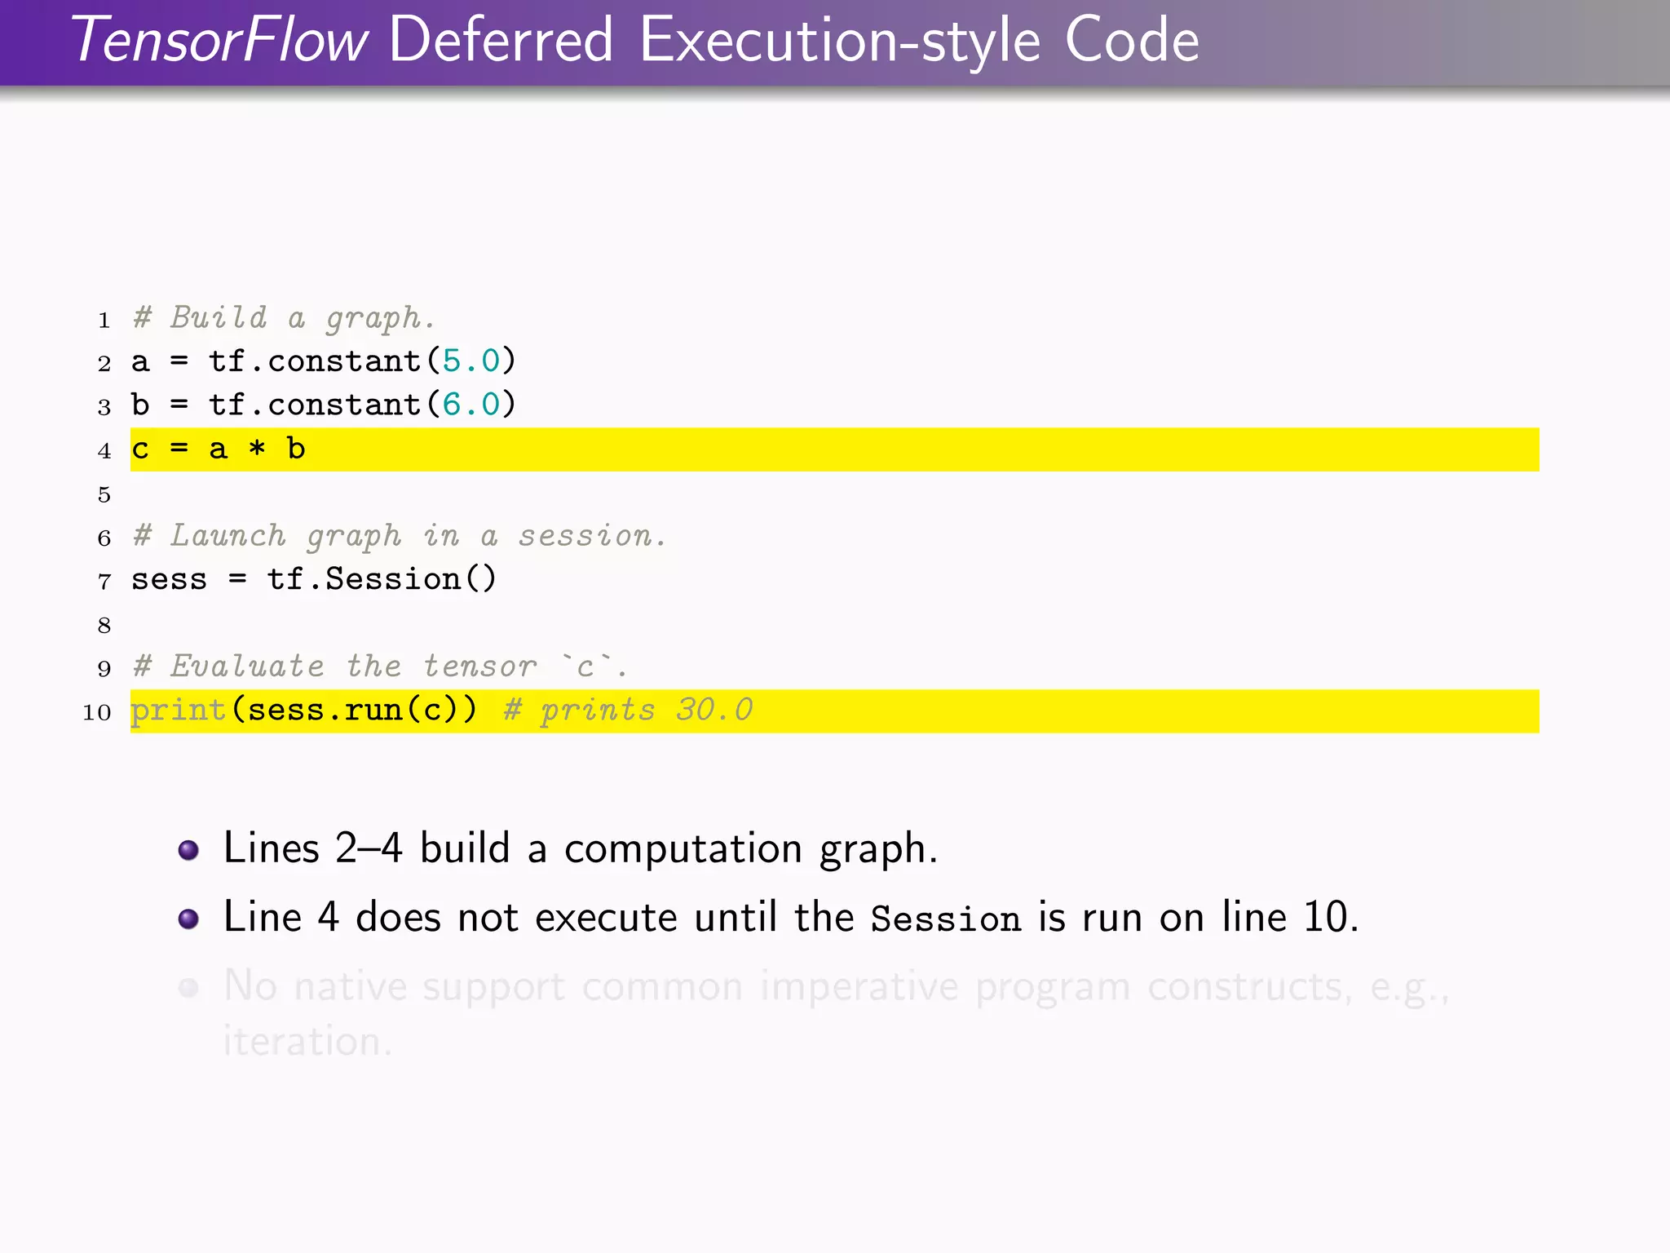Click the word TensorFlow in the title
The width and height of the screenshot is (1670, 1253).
click(220, 41)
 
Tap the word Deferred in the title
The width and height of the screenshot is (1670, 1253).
click(501, 41)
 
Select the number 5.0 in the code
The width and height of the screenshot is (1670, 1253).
click(471, 361)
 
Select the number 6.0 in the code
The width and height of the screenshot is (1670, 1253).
click(471, 405)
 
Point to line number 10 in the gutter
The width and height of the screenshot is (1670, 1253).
click(97, 712)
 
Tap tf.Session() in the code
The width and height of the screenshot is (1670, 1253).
click(382, 579)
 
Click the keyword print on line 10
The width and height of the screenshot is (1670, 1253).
click(179, 711)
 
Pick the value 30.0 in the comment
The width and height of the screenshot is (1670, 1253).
click(714, 710)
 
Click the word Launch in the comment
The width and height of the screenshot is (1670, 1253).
click(228, 536)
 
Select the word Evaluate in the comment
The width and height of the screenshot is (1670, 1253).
click(247, 666)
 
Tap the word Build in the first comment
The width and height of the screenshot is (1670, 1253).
click(219, 317)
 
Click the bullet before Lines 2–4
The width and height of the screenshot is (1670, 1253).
click(188, 850)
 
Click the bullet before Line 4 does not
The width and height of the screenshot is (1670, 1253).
click(188, 919)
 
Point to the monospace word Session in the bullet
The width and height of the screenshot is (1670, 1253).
click(945, 919)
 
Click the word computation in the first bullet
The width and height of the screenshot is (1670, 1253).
click(683, 849)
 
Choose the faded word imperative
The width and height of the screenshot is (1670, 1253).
click(859, 987)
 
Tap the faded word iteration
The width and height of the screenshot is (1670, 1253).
click(308, 1042)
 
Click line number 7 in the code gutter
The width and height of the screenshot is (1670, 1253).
click(104, 582)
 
